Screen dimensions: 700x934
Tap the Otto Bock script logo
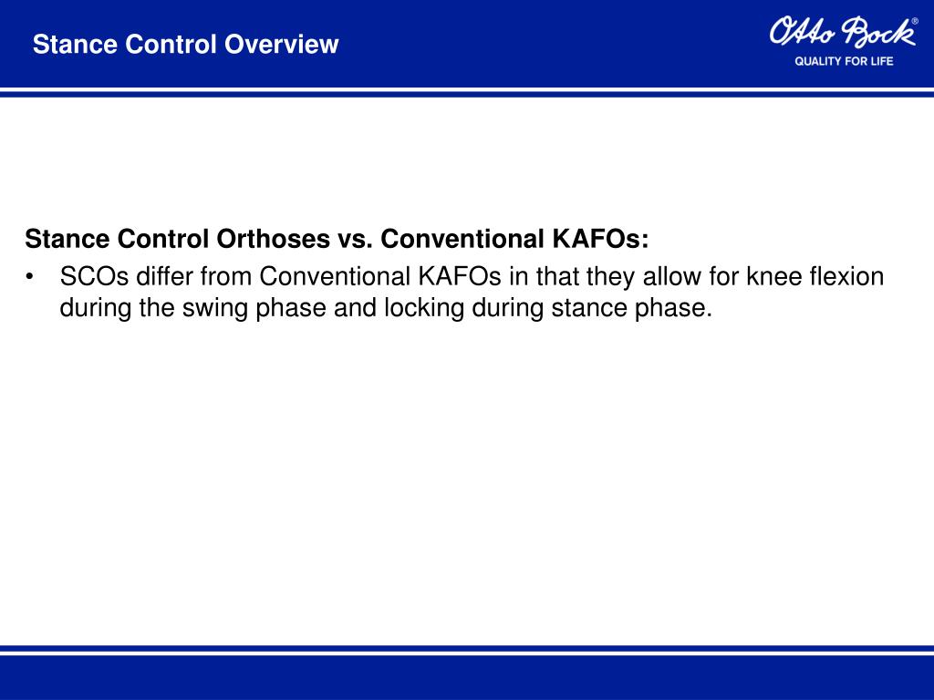point(840,33)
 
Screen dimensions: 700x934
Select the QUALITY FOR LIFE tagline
point(844,61)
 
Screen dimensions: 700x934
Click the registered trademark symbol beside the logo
point(915,20)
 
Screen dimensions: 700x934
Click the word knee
point(774,275)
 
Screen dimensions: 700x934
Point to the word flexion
point(846,275)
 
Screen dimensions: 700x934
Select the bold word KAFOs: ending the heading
point(601,239)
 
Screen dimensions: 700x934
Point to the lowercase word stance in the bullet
point(589,308)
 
